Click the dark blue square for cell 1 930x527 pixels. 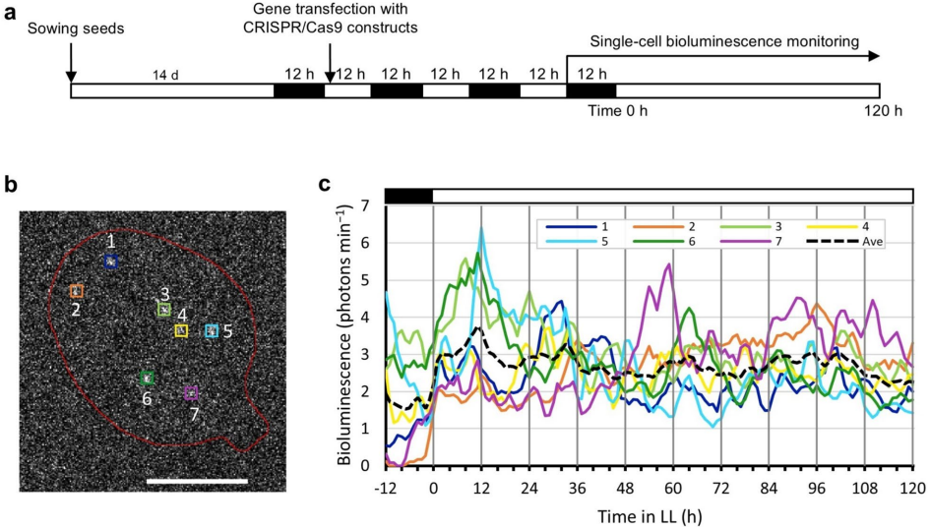pyautogui.click(x=111, y=262)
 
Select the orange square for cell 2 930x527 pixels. pyautogui.click(x=76, y=291)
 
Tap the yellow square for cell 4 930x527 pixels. pyautogui.click(x=181, y=331)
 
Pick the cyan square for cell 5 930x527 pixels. pyautogui.click(x=212, y=331)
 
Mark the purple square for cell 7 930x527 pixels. pyautogui.click(x=191, y=393)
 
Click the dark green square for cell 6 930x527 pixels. pyautogui.click(x=147, y=378)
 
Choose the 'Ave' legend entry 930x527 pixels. pyautogui.click(x=855, y=242)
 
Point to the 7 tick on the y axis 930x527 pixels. pyautogui.click(x=365, y=205)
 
